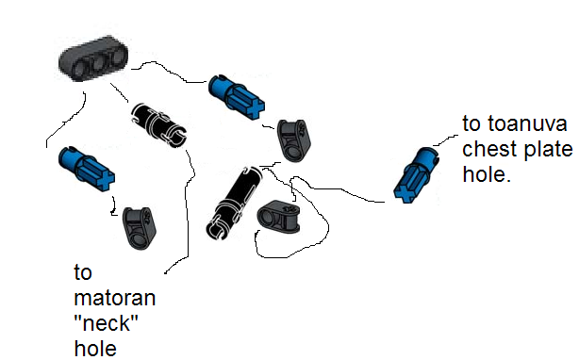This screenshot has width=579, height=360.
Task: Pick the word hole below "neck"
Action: point(93,349)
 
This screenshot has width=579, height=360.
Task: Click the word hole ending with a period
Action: point(486,175)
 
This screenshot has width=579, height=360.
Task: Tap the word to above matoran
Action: point(82,275)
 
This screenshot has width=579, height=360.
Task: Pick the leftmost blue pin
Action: point(85,166)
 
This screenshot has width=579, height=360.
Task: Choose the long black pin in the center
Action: point(231,201)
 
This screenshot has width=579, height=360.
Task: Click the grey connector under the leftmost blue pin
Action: point(139,227)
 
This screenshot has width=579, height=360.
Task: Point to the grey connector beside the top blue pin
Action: point(291,138)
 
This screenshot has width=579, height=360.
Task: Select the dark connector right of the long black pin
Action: point(279,217)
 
